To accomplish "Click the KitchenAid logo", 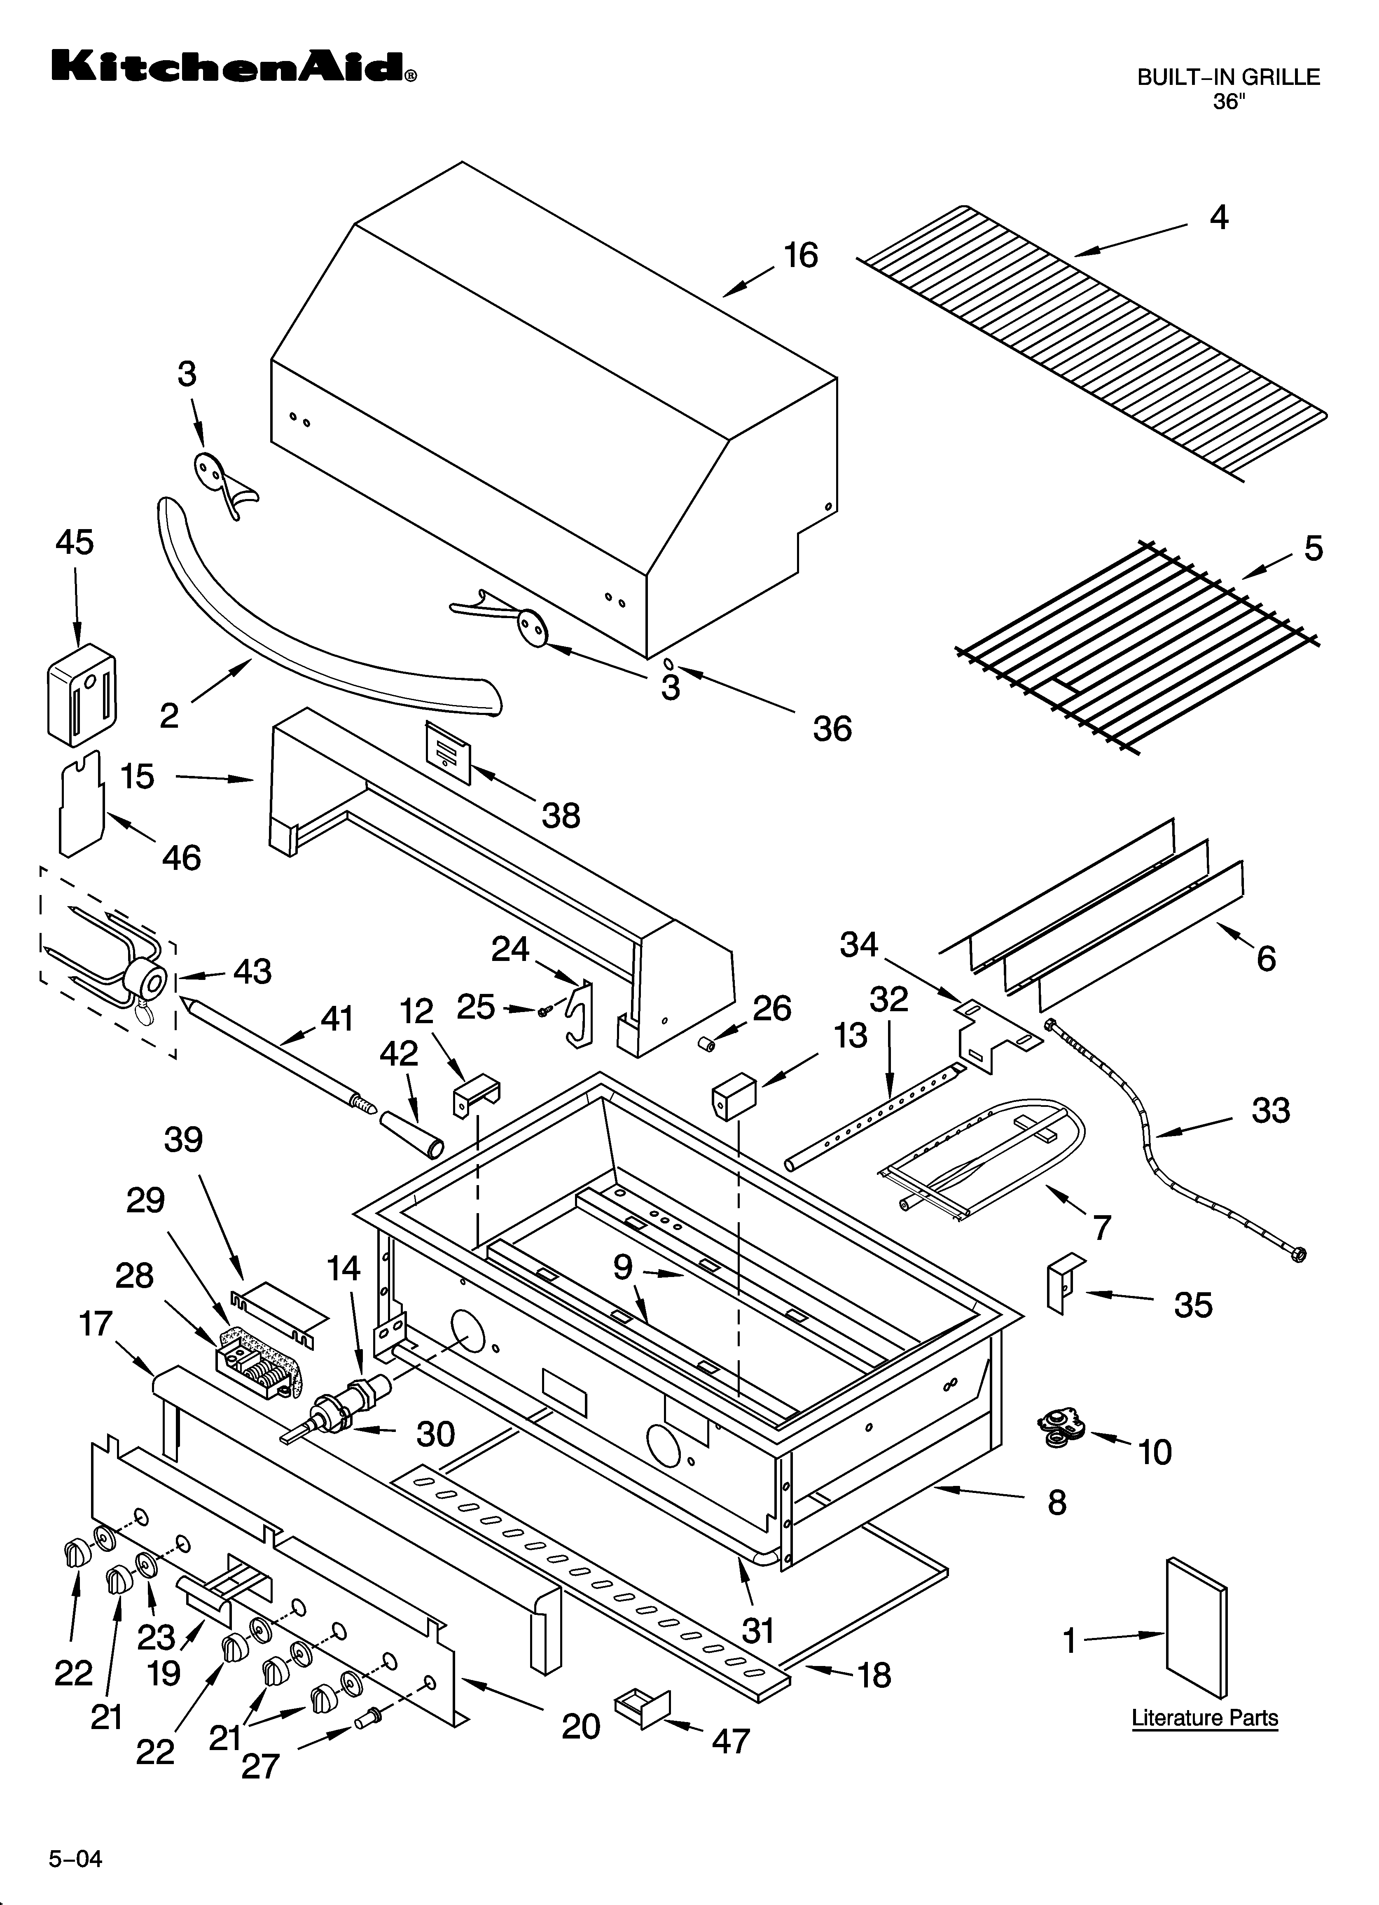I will click(234, 67).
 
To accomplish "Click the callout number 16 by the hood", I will click(800, 255).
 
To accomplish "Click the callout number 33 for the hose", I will click(1270, 1111).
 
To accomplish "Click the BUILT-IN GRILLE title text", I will click(1228, 77).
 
